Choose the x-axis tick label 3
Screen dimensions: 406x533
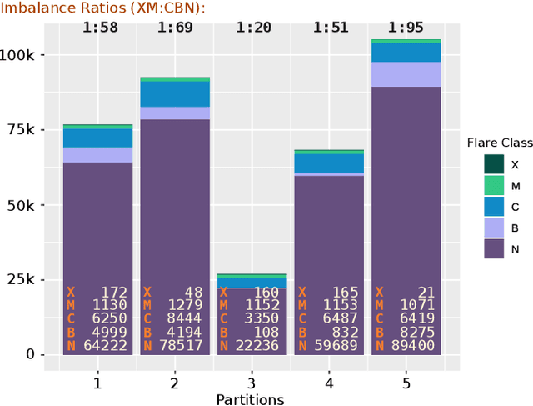pos(252,383)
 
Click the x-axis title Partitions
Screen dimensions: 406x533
pos(250,399)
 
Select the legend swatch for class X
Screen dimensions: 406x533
pos(495,165)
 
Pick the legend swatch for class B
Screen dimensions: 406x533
pos(495,228)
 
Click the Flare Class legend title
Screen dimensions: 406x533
pos(499,143)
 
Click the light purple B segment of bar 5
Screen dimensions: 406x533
pos(405,74)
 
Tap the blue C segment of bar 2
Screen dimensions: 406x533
pos(175,93)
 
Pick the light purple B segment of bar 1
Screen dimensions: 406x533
pos(97,155)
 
